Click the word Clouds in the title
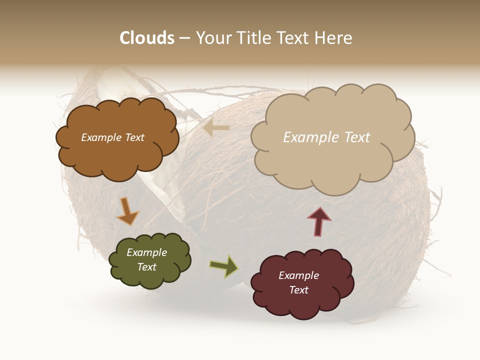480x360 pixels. pos(147,38)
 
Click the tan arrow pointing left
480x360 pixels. pos(216,128)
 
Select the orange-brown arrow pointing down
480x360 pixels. pos(127,211)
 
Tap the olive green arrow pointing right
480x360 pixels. pos(224,266)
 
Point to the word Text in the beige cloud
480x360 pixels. pos(357,137)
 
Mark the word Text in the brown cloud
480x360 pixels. pos(134,137)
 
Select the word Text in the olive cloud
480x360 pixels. pos(147,267)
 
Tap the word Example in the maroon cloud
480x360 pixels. pos(298,275)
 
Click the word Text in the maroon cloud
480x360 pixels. pos(298,290)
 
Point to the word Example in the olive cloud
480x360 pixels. pos(147,252)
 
